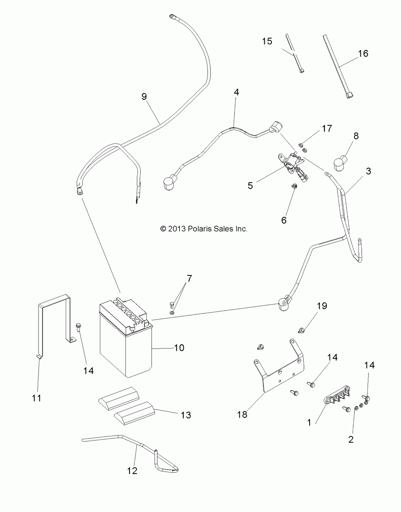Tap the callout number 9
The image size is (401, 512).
click(144, 96)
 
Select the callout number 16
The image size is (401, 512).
click(363, 54)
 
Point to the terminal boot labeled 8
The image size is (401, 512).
click(340, 163)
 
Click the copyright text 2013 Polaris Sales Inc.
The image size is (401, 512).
click(204, 229)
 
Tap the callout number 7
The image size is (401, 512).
click(189, 278)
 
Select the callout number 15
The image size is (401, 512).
click(267, 41)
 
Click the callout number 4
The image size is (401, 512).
click(236, 92)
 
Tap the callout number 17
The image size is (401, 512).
click(327, 129)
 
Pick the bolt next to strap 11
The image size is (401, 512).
click(78, 328)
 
